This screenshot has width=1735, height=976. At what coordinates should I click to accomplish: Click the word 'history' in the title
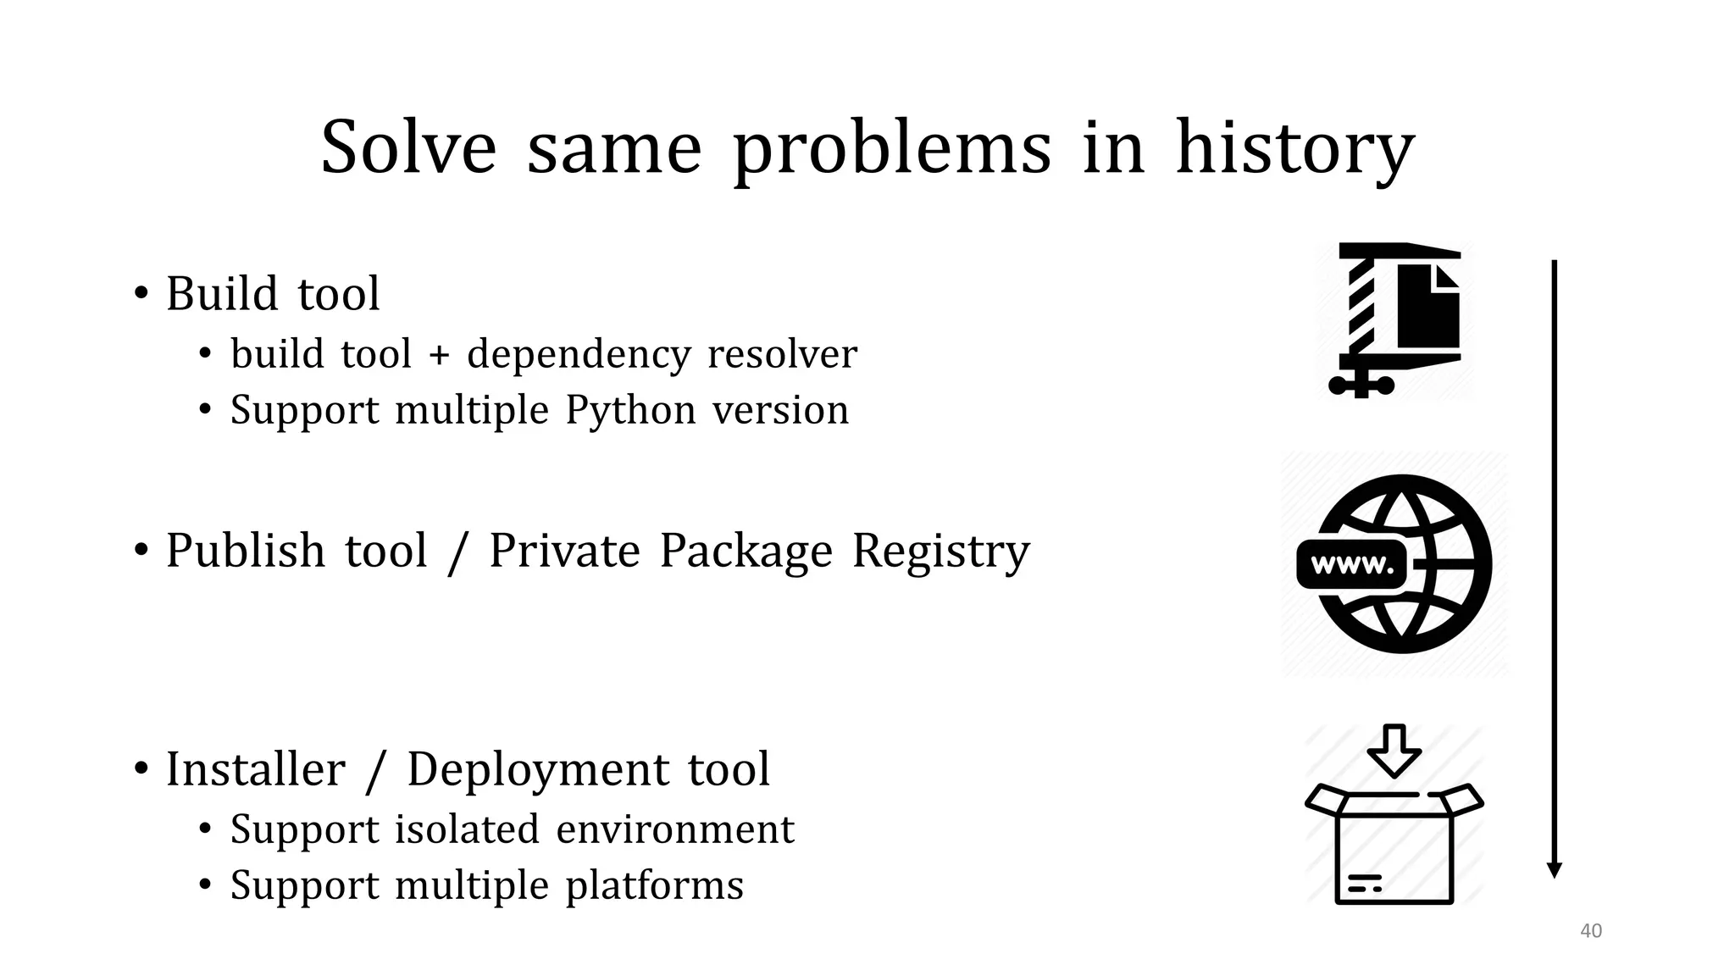tap(1294, 149)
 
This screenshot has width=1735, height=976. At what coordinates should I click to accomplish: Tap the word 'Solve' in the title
tap(408, 147)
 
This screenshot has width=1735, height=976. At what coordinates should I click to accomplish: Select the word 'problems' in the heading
tap(891, 149)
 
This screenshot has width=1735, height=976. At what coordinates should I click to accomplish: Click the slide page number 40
tap(1591, 931)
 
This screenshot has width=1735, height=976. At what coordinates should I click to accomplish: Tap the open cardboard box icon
tap(1394, 847)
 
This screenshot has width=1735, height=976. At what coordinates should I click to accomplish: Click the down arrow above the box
tap(1394, 751)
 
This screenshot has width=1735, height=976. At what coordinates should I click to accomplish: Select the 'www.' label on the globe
tap(1351, 565)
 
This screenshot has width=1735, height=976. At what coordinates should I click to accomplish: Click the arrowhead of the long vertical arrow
tap(1554, 870)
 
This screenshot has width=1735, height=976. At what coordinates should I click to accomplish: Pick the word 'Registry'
tap(940, 551)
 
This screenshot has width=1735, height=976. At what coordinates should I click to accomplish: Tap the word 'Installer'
tap(255, 769)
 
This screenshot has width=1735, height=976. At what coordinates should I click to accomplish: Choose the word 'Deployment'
tap(538, 771)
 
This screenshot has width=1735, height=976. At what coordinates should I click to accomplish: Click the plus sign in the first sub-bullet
tap(439, 354)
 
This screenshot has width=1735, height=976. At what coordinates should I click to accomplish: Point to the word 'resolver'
tap(781, 354)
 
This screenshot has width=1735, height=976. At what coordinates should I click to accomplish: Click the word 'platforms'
tap(654, 885)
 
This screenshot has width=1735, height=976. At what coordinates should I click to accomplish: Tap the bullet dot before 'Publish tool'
tap(141, 551)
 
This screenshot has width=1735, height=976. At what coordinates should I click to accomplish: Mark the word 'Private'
tap(564, 551)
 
